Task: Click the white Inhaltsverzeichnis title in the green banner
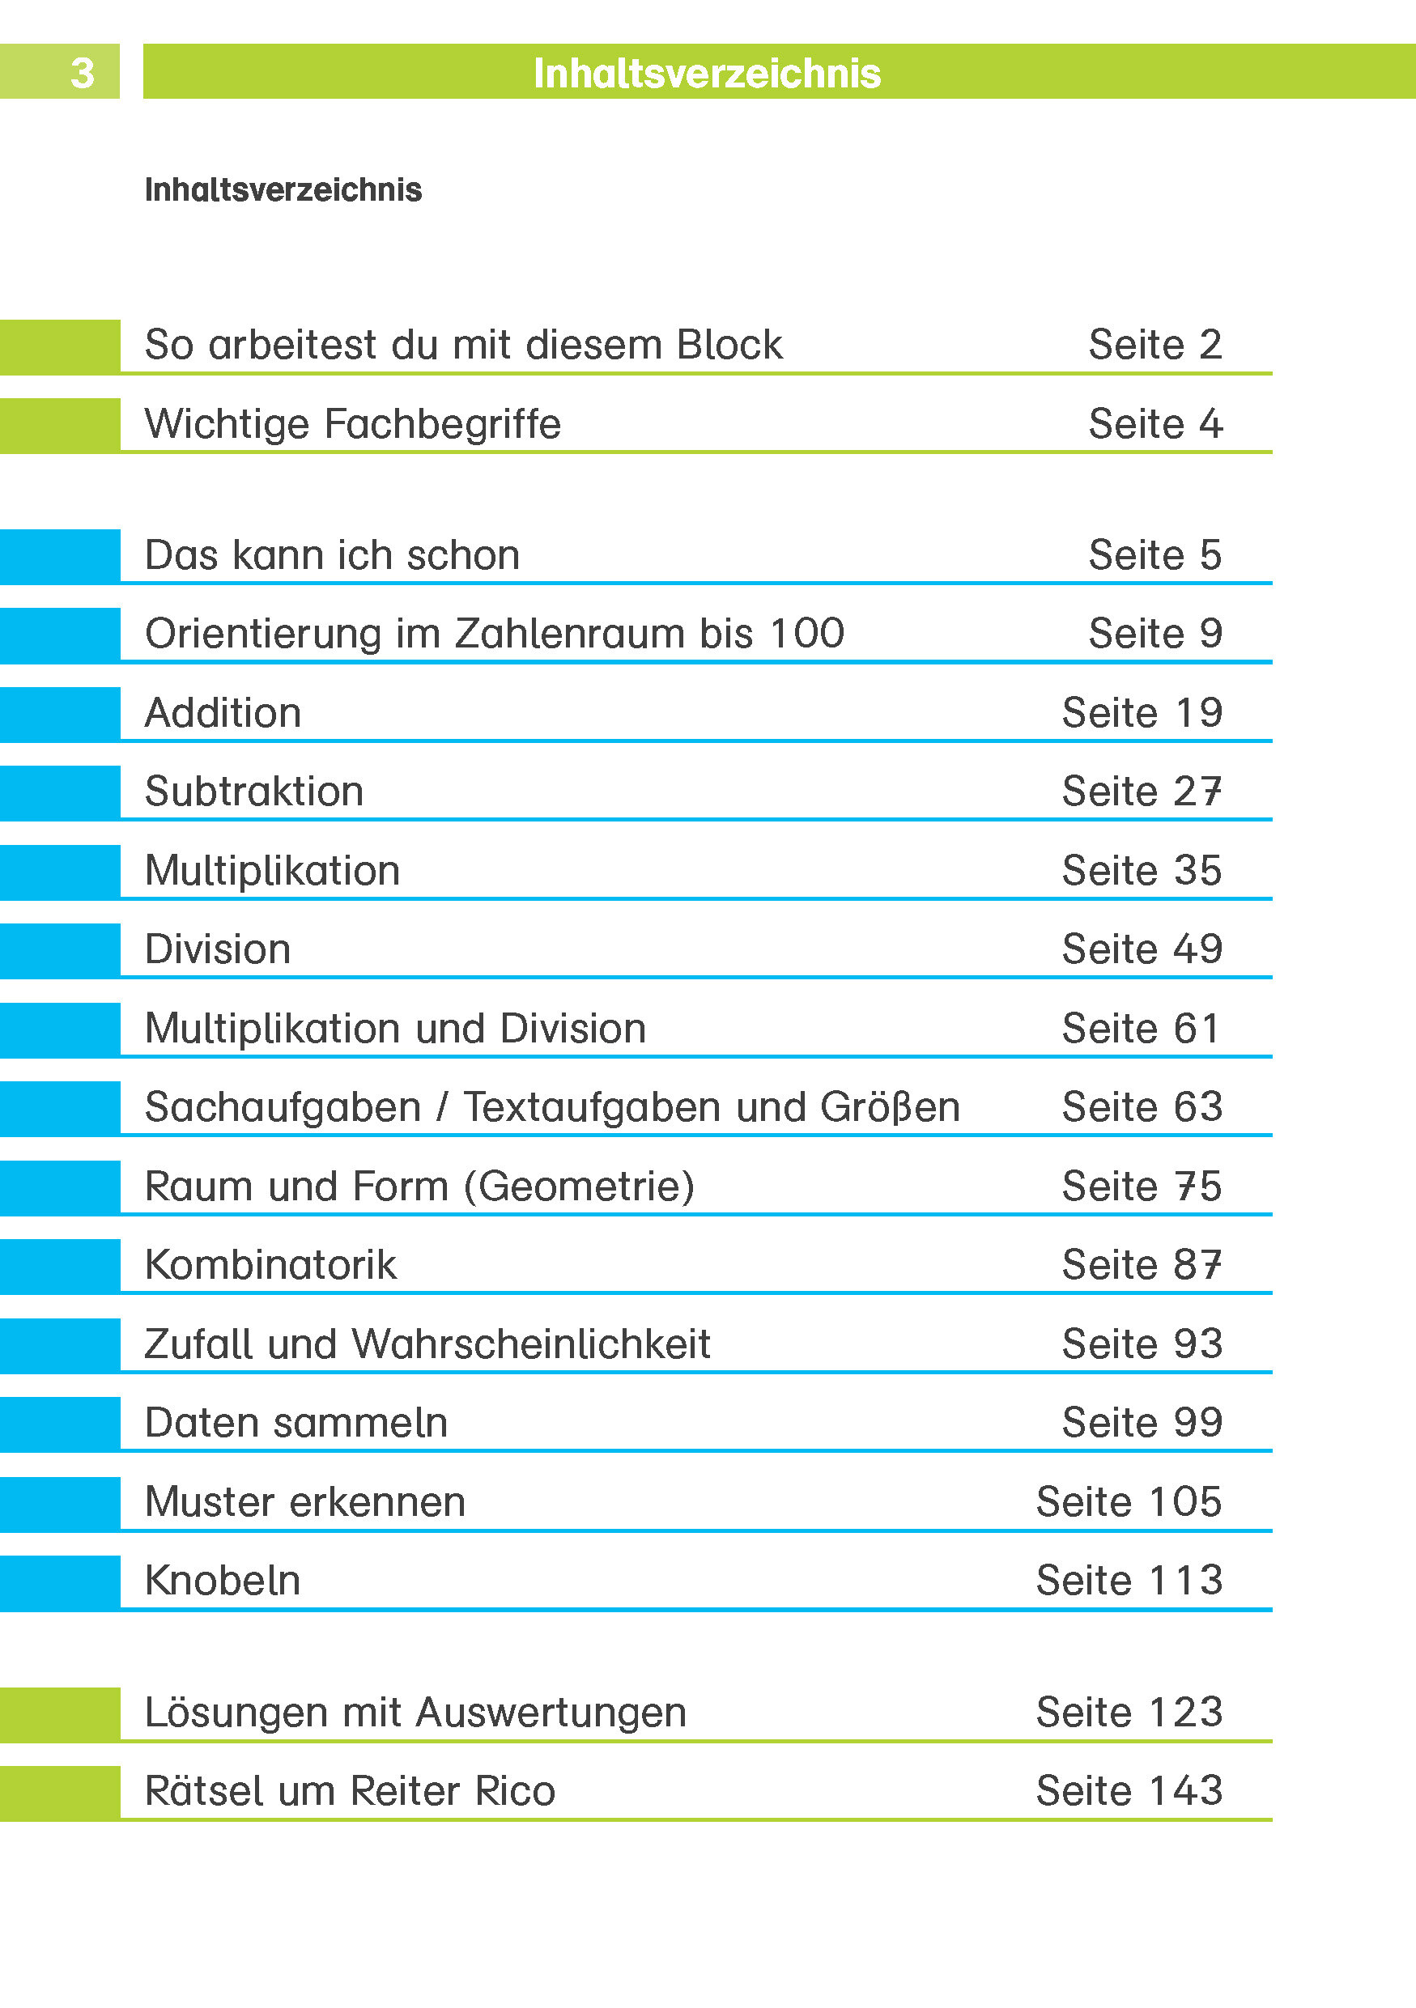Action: [x=707, y=74]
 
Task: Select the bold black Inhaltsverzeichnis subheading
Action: [x=283, y=189]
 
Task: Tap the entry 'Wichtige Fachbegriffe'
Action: [x=352, y=424]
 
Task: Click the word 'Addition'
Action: [x=223, y=713]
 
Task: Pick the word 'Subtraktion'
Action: [x=253, y=792]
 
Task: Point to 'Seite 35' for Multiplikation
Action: [x=1142, y=870]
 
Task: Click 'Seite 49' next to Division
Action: [x=1142, y=949]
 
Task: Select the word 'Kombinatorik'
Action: [x=270, y=1265]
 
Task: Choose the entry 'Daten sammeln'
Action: [x=296, y=1423]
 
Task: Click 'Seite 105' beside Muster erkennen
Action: [x=1129, y=1501]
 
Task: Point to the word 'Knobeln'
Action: [x=222, y=1581]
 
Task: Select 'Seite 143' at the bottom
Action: [x=1129, y=1791]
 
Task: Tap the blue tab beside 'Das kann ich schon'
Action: [x=59, y=556]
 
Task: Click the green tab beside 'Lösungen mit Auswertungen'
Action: [x=59, y=1714]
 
